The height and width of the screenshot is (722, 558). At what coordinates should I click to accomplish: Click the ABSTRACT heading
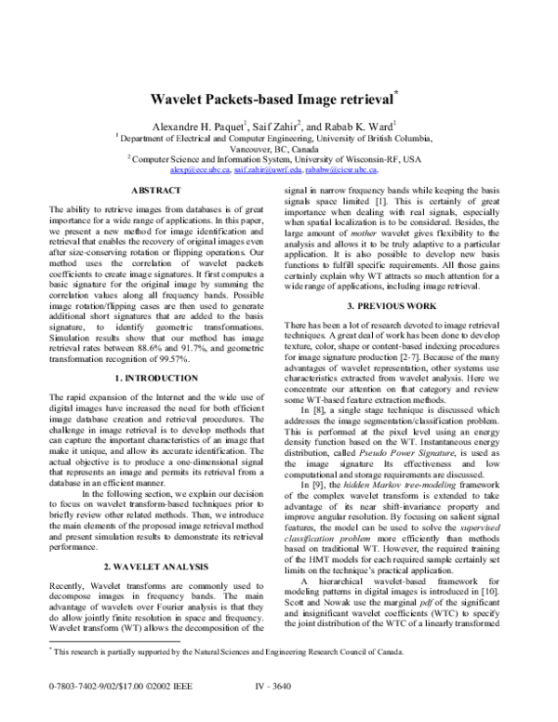coord(155,190)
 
